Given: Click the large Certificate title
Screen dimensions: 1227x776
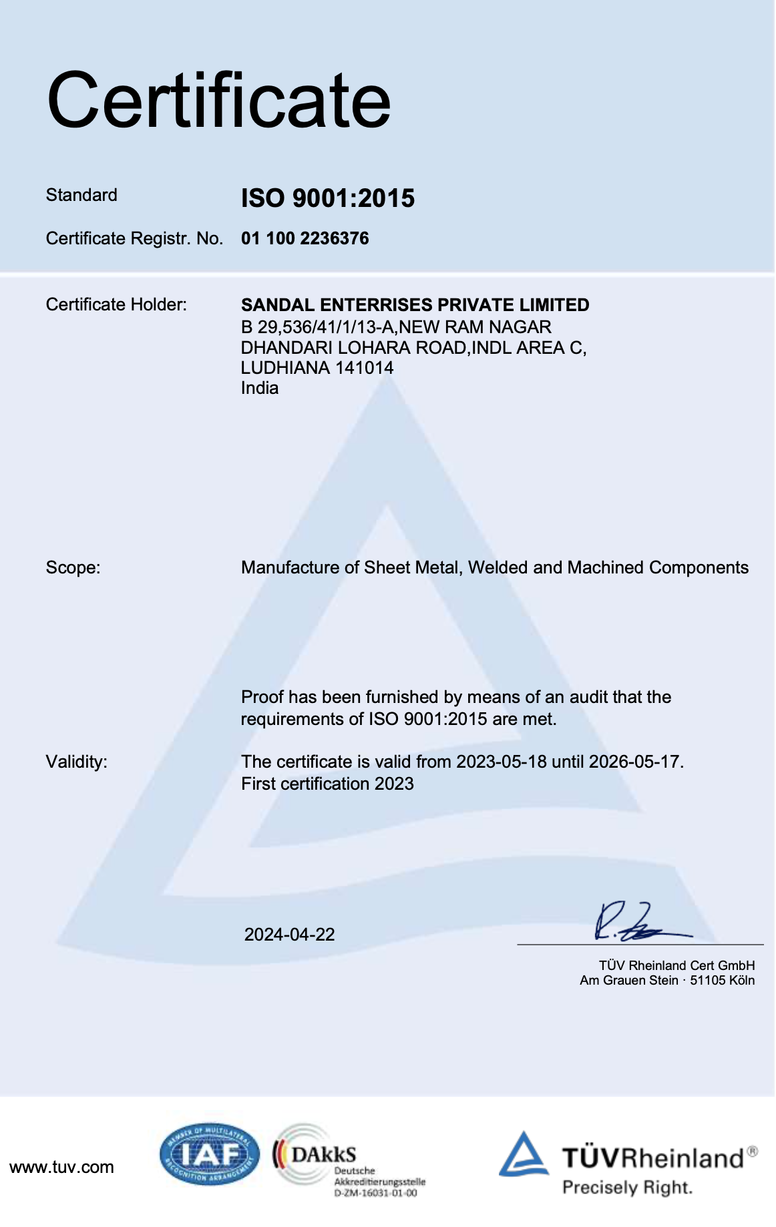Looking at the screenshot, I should (x=218, y=101).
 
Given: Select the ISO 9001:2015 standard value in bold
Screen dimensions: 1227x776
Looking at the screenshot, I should (x=327, y=198).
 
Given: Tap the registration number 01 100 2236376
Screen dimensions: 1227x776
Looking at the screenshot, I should (x=305, y=238).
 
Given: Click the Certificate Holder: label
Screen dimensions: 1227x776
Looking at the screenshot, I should (x=116, y=304).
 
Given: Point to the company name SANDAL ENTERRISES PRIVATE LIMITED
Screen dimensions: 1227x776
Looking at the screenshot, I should (x=415, y=305).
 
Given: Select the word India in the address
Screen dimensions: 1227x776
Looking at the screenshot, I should (x=259, y=388).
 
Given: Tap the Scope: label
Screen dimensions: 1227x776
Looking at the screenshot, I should (x=73, y=567).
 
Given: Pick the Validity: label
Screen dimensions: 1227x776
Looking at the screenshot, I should (x=76, y=762).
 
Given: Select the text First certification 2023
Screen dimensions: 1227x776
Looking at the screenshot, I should (x=327, y=784).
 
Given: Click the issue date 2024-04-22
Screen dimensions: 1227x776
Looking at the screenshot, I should (x=289, y=935).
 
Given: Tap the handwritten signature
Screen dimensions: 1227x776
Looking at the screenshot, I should (x=638, y=924).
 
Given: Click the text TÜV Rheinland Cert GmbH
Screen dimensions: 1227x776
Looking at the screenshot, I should (x=676, y=965).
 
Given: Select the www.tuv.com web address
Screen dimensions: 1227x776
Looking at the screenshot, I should (x=61, y=1167).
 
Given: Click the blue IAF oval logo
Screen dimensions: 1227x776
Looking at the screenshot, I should (x=209, y=1154).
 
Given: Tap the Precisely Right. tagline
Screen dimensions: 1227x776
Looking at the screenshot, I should (x=627, y=1188).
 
